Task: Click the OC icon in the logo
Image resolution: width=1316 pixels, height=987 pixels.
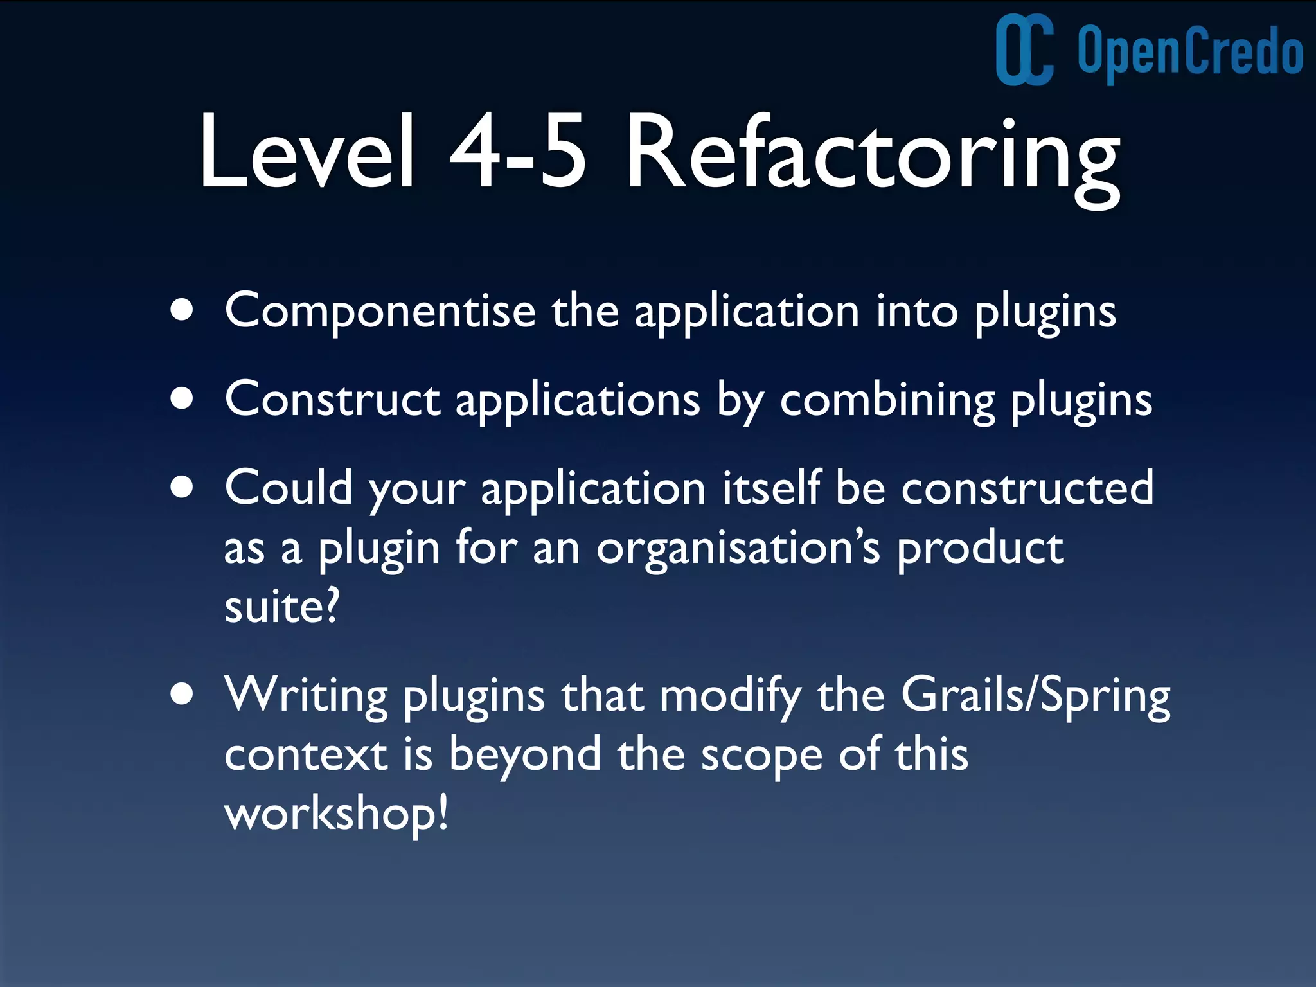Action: pyautogui.click(x=1024, y=49)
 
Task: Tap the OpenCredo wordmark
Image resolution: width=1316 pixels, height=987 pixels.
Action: pyautogui.click(x=1189, y=51)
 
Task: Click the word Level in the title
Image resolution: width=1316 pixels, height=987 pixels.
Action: pyautogui.click(x=307, y=152)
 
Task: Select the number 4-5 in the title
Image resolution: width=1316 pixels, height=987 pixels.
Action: pyautogui.click(x=518, y=152)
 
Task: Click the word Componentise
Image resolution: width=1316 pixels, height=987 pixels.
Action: pyautogui.click(x=380, y=311)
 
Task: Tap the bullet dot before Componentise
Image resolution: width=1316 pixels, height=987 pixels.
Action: pyautogui.click(x=182, y=310)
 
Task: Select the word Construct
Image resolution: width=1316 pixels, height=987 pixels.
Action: pyautogui.click(x=332, y=400)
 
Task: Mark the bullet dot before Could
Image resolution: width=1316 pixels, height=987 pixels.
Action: pyautogui.click(x=182, y=487)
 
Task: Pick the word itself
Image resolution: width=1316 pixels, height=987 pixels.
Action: pyautogui.click(x=772, y=487)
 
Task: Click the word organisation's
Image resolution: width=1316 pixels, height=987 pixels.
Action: pyautogui.click(x=738, y=549)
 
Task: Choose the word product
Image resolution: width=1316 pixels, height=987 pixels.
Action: pyautogui.click(x=980, y=549)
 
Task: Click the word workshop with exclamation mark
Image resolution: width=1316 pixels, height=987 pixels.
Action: pyautogui.click(x=335, y=814)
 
